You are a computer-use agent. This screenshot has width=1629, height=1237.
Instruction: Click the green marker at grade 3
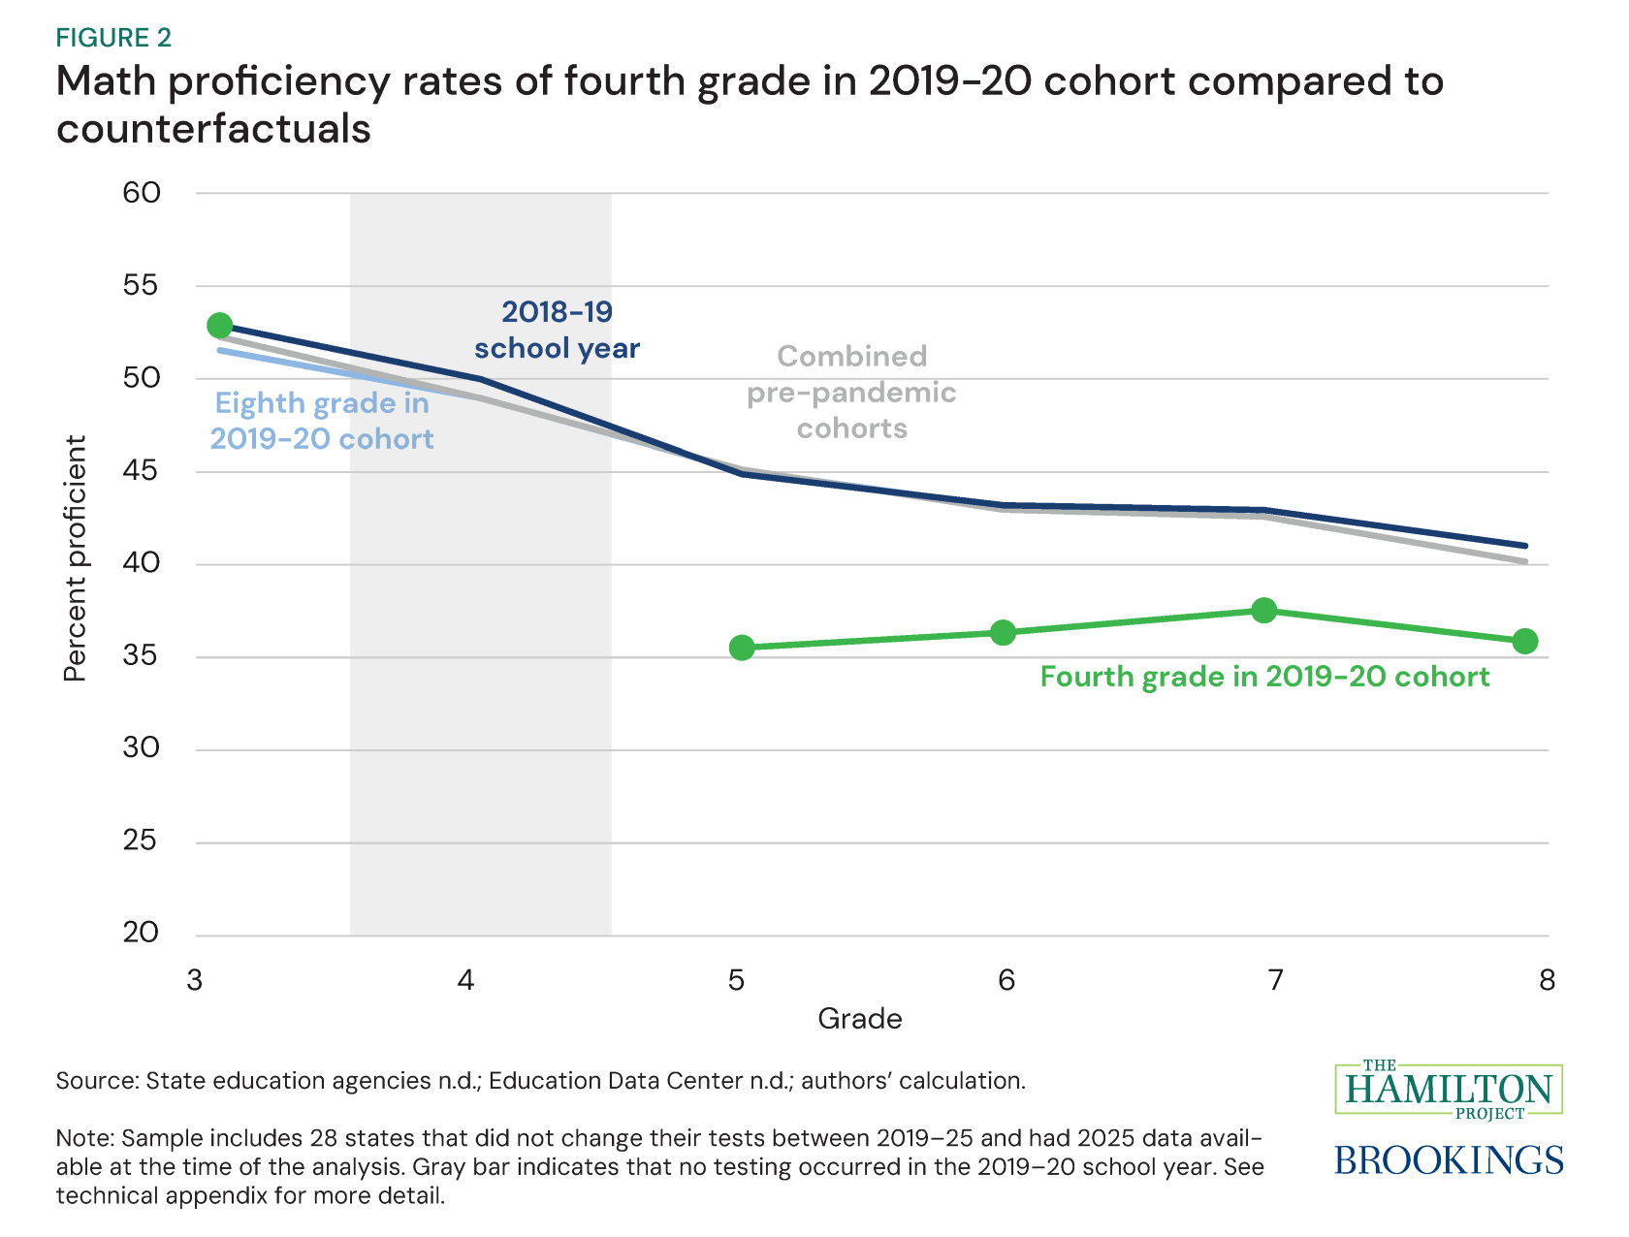220,325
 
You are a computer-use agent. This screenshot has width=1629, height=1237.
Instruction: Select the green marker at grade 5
742,648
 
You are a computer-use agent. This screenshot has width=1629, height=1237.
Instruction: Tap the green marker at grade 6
1003,632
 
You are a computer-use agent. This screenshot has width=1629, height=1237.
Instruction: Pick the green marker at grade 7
1263,610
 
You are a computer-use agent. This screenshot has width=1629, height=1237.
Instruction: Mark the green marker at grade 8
1524,641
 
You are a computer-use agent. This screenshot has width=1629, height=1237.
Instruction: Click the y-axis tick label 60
142,192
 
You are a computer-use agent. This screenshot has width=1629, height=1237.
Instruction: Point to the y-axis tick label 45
142,471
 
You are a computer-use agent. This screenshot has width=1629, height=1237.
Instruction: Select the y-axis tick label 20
142,933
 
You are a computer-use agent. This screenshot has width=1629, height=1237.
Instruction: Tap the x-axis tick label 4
466,981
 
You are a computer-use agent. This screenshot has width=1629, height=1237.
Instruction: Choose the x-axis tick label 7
1276,981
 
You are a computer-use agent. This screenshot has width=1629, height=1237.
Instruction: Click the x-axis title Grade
859,1019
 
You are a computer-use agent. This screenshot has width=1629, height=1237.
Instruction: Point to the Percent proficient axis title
75,558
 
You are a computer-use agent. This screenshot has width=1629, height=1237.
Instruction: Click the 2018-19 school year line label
557,330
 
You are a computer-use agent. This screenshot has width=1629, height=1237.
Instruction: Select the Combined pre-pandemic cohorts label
851,392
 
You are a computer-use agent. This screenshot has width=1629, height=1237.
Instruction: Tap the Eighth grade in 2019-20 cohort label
322,421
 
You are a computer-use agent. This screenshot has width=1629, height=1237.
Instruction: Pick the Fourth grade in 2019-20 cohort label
1264,677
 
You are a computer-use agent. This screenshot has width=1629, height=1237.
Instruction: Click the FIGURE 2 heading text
113,38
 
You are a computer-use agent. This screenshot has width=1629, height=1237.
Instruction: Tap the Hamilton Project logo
1449,1089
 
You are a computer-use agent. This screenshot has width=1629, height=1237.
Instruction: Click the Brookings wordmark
1449,1159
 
